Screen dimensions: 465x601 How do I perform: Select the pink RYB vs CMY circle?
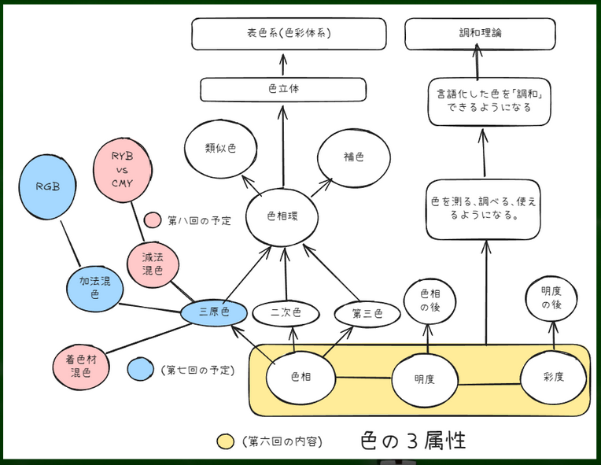(x=122, y=169)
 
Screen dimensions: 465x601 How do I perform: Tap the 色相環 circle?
(x=281, y=216)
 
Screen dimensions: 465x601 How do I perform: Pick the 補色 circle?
(x=353, y=157)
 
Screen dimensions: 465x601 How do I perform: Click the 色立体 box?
(x=283, y=89)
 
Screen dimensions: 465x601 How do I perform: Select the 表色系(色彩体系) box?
(x=289, y=35)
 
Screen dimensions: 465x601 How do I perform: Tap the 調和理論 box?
(x=480, y=35)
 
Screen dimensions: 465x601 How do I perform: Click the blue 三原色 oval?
(x=214, y=312)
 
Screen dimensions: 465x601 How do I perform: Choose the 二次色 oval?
(x=286, y=313)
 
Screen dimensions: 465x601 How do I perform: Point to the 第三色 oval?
(x=367, y=313)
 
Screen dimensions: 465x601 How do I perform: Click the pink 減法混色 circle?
(x=152, y=264)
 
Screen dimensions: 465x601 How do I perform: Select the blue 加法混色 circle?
(x=94, y=286)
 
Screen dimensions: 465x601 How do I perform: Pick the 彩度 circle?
(x=554, y=377)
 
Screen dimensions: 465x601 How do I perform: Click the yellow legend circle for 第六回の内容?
(x=225, y=442)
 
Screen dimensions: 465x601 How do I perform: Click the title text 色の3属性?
(x=412, y=440)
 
